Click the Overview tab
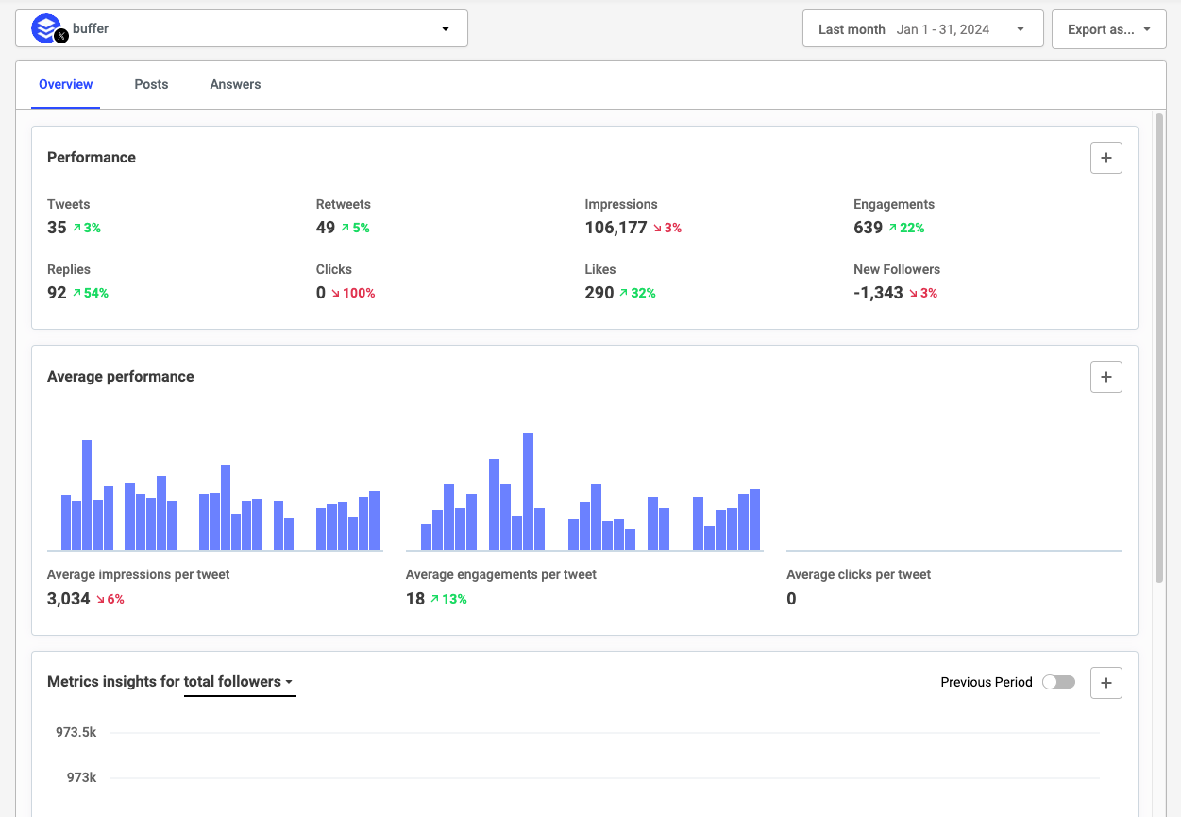(65, 84)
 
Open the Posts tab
(151, 84)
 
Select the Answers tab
(235, 84)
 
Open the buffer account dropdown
(242, 29)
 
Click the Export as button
(1108, 29)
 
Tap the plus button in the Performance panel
(1105, 158)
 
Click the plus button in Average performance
(1105, 377)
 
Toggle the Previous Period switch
(1058, 682)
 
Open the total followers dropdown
(239, 682)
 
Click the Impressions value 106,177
(616, 228)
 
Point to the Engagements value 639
(868, 228)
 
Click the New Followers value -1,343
(878, 293)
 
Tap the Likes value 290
(599, 293)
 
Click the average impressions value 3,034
(69, 599)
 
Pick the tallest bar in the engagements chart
(528, 491)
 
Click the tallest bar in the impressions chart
(87, 495)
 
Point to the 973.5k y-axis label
(76, 732)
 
